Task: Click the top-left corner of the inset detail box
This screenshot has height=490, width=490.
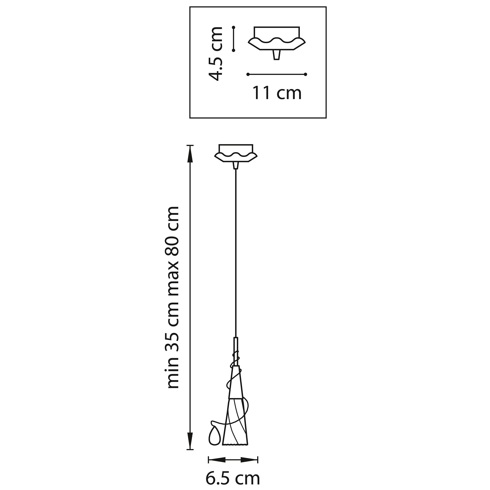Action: coord(190,7)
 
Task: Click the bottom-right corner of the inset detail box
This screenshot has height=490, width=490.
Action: coord(326,118)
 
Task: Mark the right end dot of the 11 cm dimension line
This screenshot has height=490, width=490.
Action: coord(306,74)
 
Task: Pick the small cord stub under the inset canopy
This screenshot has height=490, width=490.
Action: coord(277,55)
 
